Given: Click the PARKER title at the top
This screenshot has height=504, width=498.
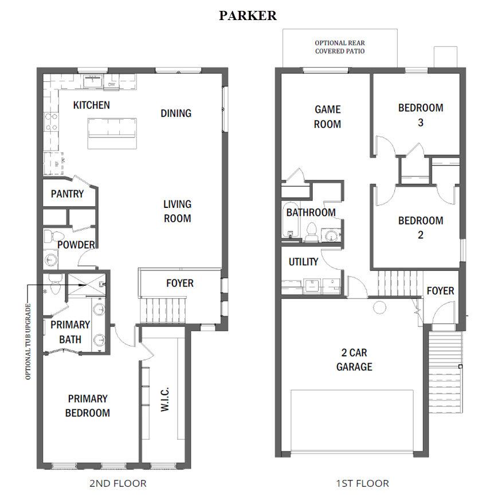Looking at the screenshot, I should [248, 15].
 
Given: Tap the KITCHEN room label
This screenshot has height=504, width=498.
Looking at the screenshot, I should [92, 105].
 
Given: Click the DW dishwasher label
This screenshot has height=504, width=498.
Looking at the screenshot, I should [111, 85].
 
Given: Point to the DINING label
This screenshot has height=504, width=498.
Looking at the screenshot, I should [176, 113].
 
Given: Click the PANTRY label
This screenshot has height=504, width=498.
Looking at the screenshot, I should [67, 194].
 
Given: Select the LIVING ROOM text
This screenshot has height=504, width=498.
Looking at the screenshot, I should [177, 211].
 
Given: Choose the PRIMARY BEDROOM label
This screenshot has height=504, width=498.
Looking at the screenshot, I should [88, 405].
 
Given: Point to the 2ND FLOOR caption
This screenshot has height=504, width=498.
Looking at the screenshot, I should [118, 483].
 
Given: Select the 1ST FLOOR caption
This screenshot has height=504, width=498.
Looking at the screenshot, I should [362, 483].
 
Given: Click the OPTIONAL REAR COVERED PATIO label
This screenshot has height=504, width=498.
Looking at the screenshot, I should [340, 47].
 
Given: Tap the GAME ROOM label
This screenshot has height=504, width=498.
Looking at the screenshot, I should [328, 116].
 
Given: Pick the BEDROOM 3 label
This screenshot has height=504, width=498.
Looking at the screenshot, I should [421, 115].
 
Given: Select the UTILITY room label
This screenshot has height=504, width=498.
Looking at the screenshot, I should [303, 262].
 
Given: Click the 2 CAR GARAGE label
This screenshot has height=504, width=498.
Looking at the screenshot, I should [354, 360].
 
